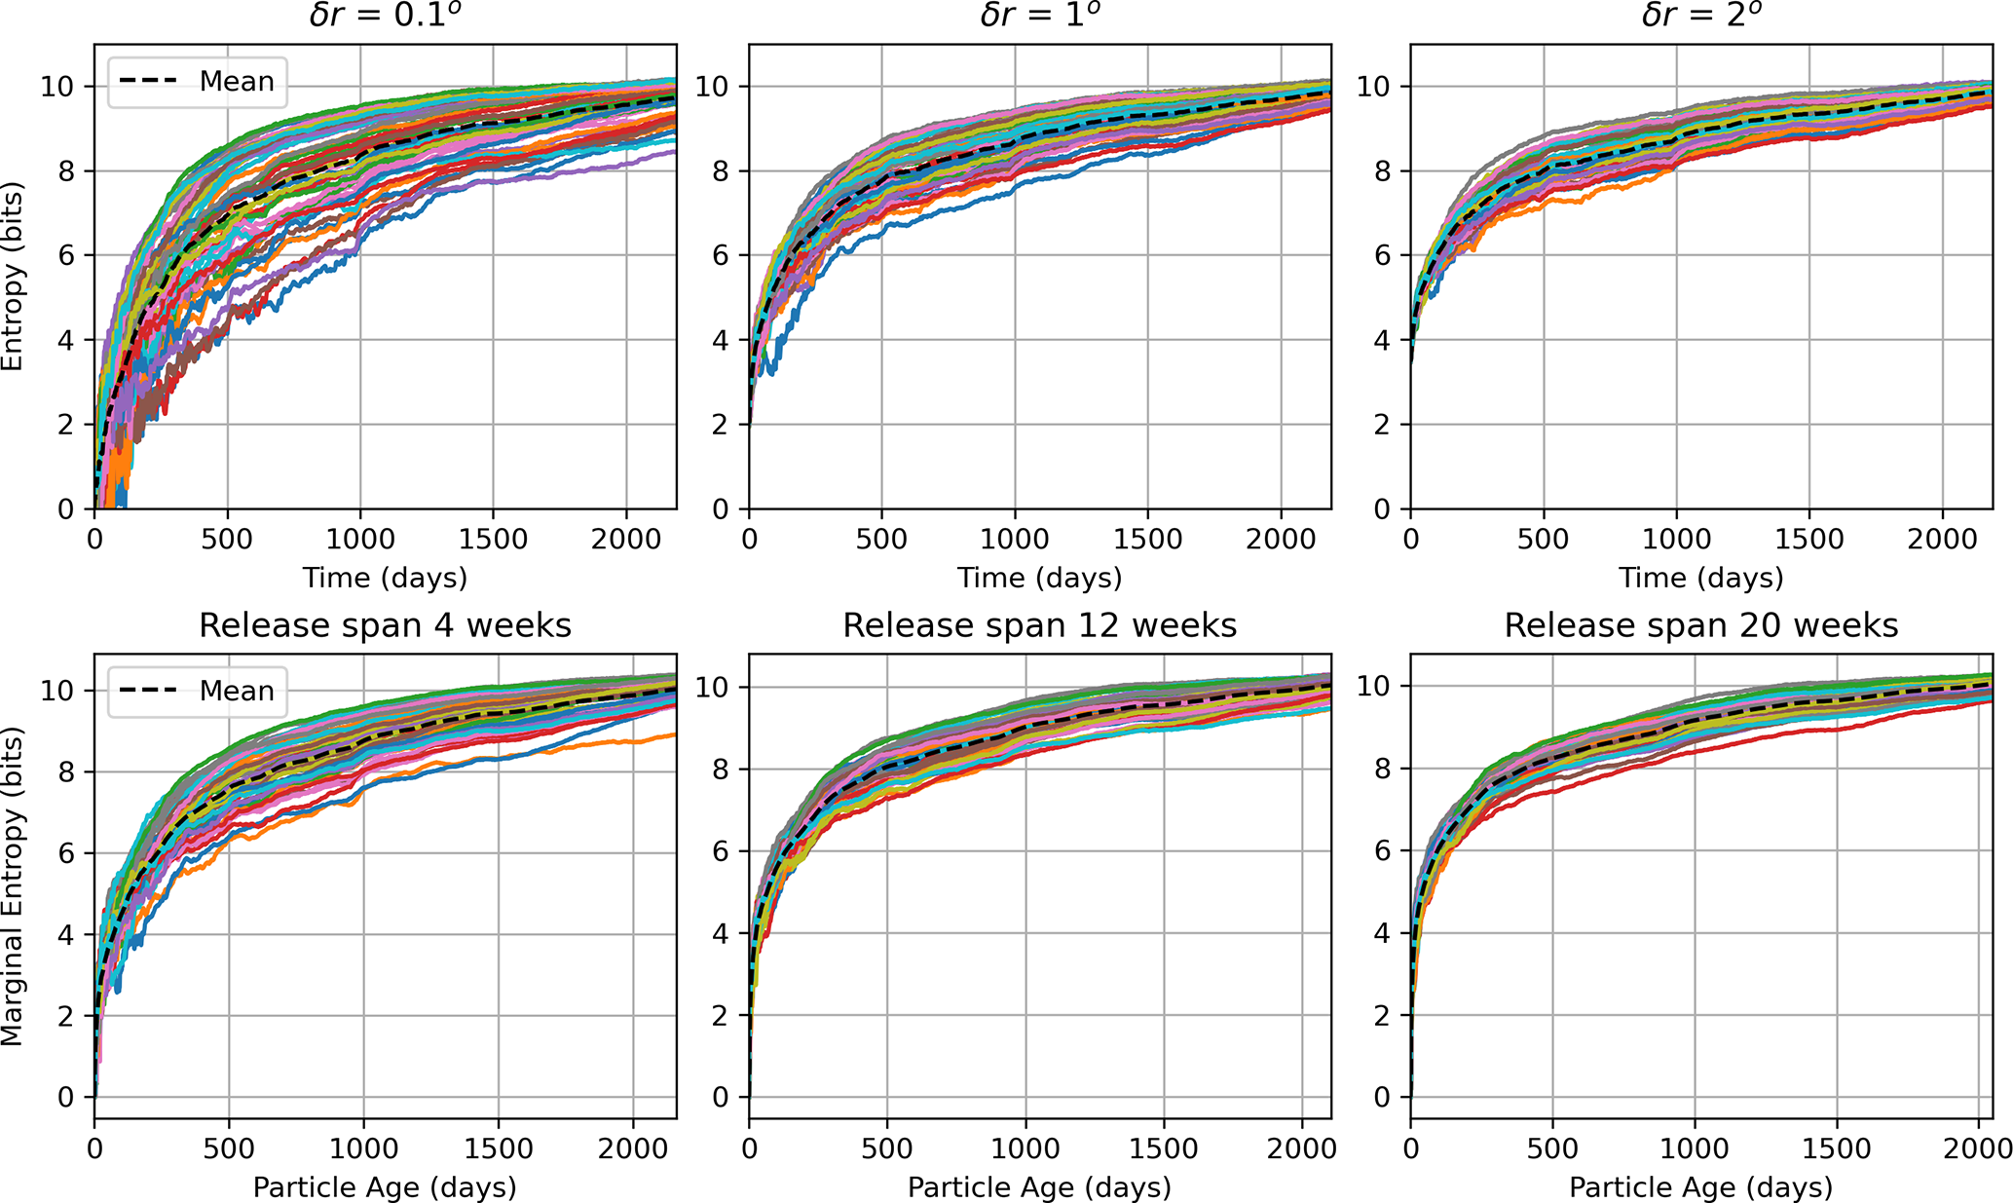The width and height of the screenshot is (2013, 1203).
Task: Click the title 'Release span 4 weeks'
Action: pos(385,625)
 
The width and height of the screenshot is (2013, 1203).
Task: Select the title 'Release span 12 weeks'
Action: pos(1039,625)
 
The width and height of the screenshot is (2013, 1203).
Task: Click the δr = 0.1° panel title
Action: pos(385,16)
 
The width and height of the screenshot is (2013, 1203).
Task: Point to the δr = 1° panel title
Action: pos(1039,16)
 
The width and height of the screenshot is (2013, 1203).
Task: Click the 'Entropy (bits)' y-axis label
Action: pos(12,276)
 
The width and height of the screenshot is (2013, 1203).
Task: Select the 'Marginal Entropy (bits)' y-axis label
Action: pos(12,885)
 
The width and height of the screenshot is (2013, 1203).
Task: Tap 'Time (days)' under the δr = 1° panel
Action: pos(1039,578)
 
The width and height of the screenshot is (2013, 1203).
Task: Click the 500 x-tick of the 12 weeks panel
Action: pos(886,1148)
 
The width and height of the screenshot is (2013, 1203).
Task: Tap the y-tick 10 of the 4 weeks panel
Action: pos(58,691)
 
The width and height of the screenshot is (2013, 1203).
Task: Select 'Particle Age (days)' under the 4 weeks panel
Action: pos(385,1187)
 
